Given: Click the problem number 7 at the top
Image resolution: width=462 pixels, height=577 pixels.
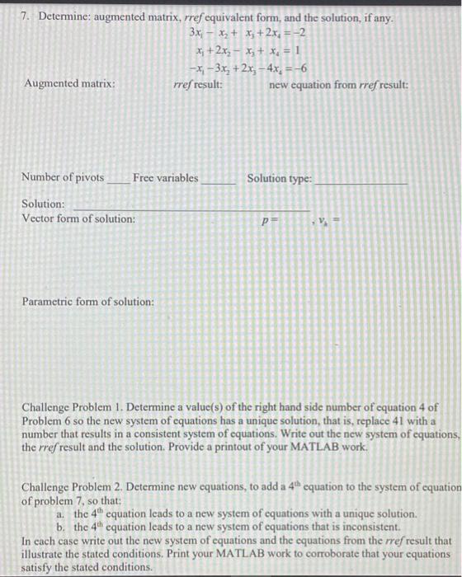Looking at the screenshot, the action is (x=26, y=18).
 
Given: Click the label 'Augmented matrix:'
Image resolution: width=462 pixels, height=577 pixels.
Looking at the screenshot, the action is (x=70, y=84).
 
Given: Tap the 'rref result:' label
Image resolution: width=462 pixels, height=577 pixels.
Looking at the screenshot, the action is (x=197, y=84).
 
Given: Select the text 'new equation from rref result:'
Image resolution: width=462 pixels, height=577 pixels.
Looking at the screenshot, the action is (x=338, y=84).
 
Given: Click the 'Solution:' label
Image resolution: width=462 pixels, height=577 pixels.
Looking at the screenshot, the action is (x=43, y=203).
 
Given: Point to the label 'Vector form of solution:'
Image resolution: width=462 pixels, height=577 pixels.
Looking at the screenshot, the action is (x=78, y=218).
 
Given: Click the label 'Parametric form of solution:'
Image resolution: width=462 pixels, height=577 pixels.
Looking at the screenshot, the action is (x=87, y=303).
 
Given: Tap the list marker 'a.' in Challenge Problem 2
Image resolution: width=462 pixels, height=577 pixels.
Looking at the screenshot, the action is (x=62, y=513).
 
